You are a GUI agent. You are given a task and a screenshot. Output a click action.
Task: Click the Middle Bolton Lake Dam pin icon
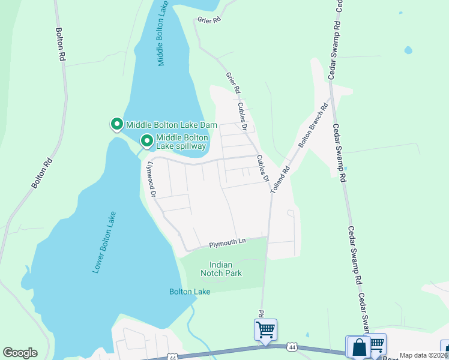click(116, 125)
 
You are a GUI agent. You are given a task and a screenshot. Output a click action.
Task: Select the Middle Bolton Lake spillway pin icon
click(146, 142)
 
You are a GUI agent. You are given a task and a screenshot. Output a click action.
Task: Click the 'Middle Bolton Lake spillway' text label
click(181, 142)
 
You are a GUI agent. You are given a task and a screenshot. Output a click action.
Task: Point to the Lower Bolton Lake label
click(104, 242)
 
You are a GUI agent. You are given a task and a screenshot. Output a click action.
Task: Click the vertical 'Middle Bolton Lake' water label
click(163, 33)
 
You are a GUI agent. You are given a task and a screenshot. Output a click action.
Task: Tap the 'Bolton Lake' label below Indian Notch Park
click(190, 292)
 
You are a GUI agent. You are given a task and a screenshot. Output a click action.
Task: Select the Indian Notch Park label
click(225, 269)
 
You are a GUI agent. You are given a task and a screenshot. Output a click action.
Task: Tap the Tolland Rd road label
click(280, 178)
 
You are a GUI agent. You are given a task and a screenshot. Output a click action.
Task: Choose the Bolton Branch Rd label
click(313, 127)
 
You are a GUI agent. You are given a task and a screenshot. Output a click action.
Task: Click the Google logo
click(20, 353)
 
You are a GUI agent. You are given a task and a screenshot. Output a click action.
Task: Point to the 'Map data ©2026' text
click(423, 355)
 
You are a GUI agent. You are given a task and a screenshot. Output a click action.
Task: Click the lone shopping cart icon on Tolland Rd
click(265, 329)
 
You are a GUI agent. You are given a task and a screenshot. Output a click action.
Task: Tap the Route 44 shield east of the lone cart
click(292, 347)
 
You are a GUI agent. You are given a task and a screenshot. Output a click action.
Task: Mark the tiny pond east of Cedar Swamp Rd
click(408, 50)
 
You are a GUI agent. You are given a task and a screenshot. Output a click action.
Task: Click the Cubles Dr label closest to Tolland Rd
click(262, 169)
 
